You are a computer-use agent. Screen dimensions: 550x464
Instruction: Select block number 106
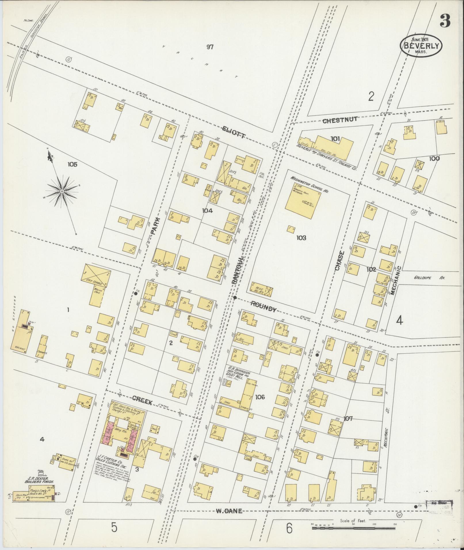(259, 397)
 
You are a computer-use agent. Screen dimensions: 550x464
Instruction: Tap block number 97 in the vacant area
(210, 47)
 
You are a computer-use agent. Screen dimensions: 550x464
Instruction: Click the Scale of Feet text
(352, 521)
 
